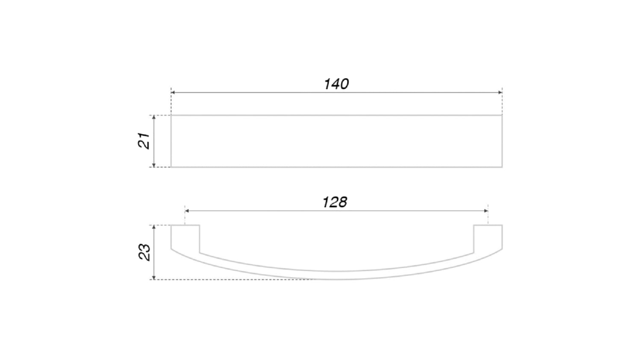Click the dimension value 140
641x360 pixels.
click(x=336, y=84)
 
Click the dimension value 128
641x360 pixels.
click(x=335, y=202)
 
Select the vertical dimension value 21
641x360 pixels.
click(x=144, y=140)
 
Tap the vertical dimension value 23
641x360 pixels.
click(x=144, y=252)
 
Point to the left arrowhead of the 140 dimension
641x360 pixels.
click(x=173, y=92)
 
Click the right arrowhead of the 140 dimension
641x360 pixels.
click(x=500, y=92)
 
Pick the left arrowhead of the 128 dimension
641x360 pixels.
click(x=187, y=211)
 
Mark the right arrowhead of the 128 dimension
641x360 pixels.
click(x=486, y=211)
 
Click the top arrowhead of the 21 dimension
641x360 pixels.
click(x=154, y=117)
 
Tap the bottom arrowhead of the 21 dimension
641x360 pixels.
click(x=154, y=165)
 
